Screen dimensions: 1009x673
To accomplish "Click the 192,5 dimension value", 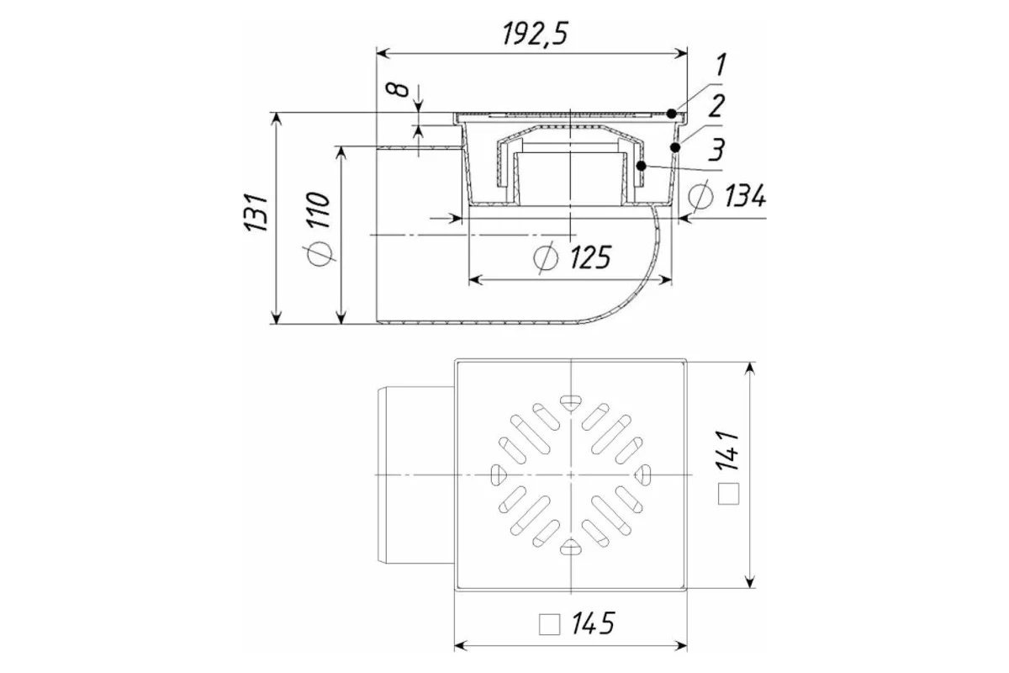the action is (x=535, y=34).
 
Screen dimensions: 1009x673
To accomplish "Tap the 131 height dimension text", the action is (x=256, y=213).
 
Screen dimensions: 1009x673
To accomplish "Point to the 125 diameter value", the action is (x=590, y=257).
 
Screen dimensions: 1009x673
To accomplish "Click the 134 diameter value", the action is (x=745, y=196).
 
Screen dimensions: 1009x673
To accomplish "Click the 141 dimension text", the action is (x=727, y=450).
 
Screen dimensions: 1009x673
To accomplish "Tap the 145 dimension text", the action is (x=593, y=623).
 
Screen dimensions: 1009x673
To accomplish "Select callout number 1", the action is (x=721, y=65).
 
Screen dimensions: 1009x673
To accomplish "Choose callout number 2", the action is (x=716, y=106).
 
